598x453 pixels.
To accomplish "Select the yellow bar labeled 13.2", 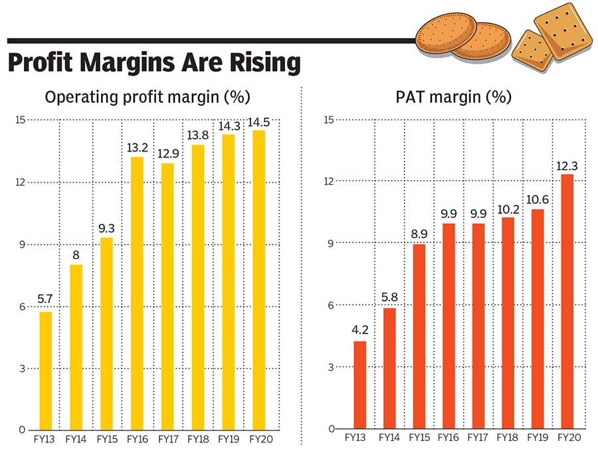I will tap(137, 293).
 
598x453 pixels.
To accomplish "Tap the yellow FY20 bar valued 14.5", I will tap(258, 280).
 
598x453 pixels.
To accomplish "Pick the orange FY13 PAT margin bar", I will tap(359, 385).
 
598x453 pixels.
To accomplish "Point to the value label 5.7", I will tap(45, 300).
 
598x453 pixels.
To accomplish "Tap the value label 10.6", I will tap(537, 198).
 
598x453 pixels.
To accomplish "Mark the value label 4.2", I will tap(359, 329).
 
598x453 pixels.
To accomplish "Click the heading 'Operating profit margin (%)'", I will tap(147, 97).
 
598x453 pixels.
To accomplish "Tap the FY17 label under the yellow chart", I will tap(167, 439).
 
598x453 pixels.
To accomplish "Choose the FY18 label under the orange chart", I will tap(508, 439).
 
